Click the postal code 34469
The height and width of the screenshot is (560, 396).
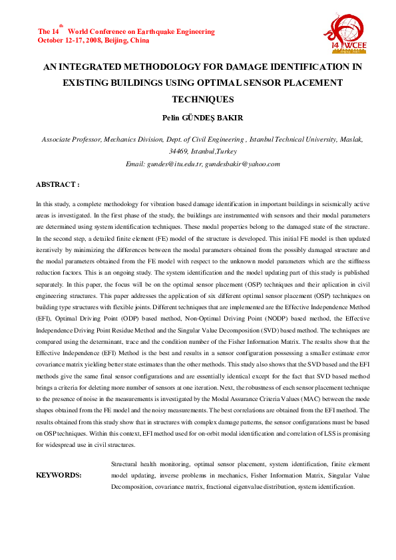pyautogui.click(x=179, y=151)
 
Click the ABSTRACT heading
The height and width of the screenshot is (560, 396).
pyautogui.click(x=57, y=184)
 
